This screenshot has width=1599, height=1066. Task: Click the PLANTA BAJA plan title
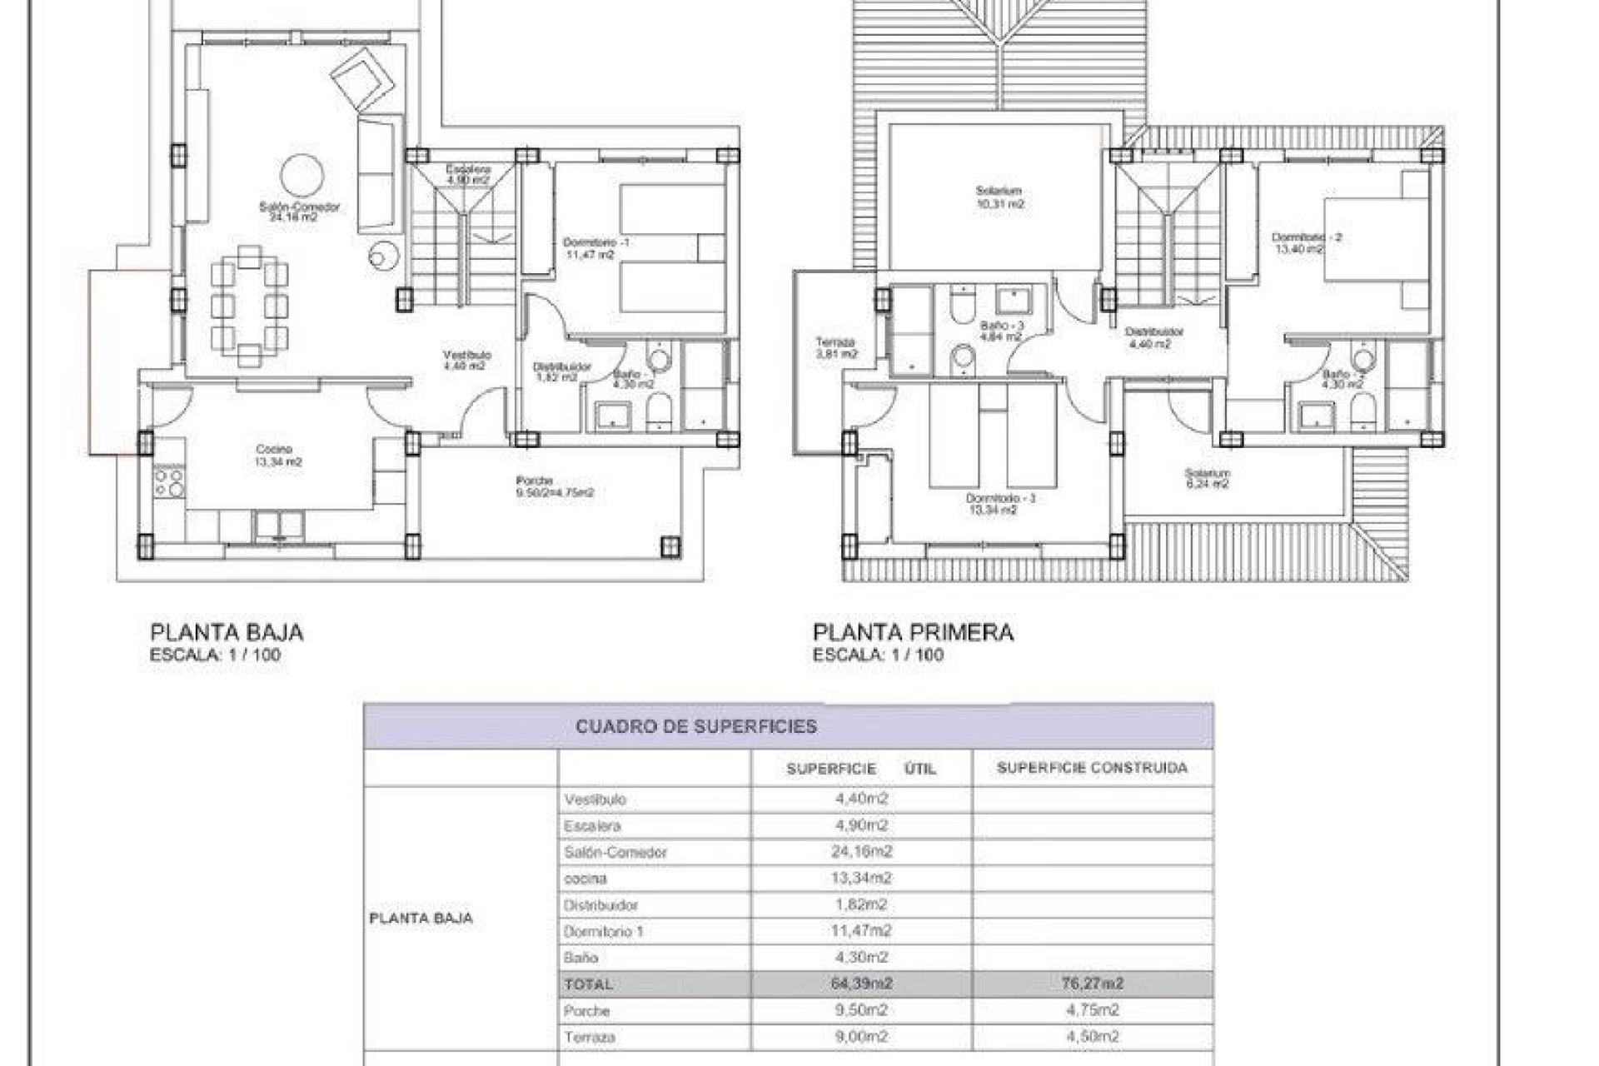227,632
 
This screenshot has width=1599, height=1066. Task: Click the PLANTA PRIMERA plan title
913,632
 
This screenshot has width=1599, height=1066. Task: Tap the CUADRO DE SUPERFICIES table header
696,726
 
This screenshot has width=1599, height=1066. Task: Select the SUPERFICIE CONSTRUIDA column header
1092,768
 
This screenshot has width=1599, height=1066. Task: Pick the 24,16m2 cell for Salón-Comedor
861,852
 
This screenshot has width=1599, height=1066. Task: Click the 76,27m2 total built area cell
1092,984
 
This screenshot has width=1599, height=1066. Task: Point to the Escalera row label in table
592,826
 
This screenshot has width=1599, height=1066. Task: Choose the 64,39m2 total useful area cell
861,984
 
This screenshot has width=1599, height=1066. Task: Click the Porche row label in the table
587,1010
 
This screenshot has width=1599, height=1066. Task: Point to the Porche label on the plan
535,481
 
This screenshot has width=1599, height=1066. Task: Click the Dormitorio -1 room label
595,242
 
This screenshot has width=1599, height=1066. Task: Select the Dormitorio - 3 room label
1000,499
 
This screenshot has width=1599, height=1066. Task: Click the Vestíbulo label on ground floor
466,356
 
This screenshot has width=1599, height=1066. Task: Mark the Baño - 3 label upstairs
1001,326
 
